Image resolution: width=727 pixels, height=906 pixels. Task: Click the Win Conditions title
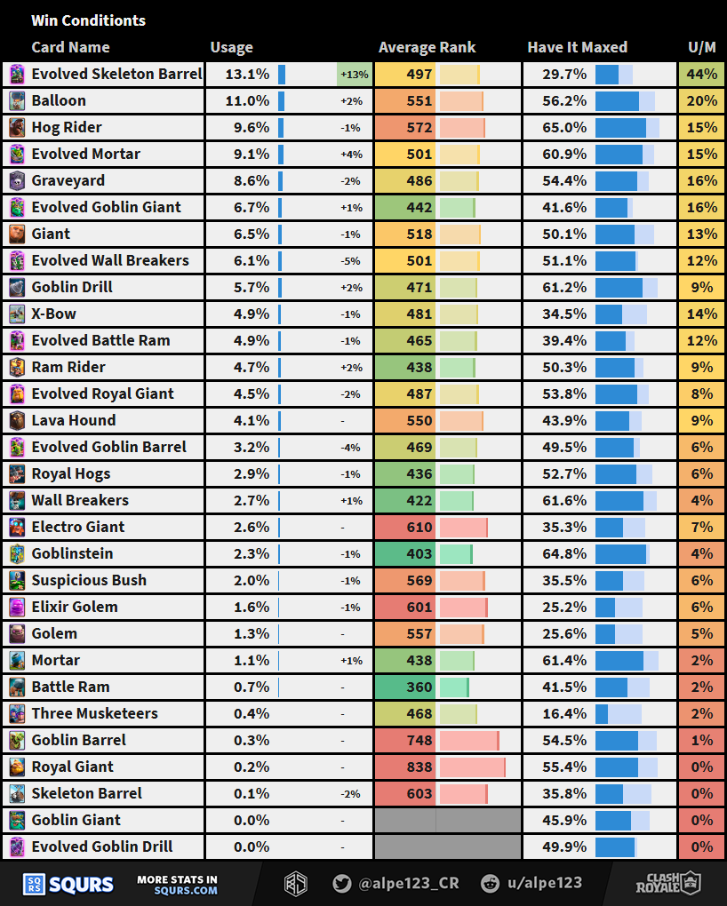click(x=88, y=20)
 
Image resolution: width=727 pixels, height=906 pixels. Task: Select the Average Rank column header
click(x=427, y=47)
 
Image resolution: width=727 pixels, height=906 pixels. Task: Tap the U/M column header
click(x=702, y=47)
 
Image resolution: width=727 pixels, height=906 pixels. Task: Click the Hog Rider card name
click(x=67, y=127)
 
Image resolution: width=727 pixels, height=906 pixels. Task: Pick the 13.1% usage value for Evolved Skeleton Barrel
click(x=252, y=74)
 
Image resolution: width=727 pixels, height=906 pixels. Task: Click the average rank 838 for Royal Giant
click(x=419, y=767)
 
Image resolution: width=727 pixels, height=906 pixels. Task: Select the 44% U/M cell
click(x=702, y=74)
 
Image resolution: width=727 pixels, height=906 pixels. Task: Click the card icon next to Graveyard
click(x=17, y=180)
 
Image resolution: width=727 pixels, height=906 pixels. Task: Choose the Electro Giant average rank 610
click(x=419, y=527)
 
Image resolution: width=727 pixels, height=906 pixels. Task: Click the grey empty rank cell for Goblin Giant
click(x=447, y=820)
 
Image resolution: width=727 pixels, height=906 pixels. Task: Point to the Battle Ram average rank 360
click(x=419, y=687)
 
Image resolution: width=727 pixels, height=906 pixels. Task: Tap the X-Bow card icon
click(x=17, y=314)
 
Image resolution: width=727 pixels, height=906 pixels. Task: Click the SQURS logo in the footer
click(x=68, y=884)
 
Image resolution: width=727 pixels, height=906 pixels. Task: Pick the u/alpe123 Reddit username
click(x=542, y=883)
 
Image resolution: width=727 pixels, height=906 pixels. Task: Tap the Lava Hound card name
click(x=74, y=420)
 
